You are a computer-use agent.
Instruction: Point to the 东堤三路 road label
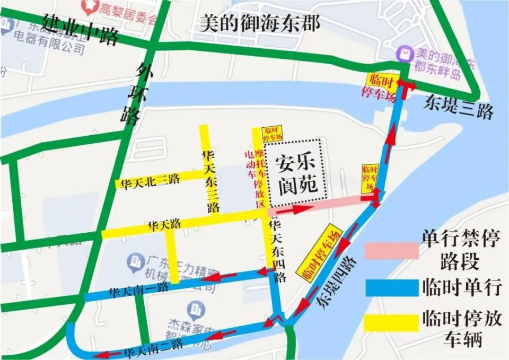tap(459, 108)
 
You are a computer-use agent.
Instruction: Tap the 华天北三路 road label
tap(150, 181)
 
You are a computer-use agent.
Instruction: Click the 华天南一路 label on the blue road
tap(138, 289)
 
